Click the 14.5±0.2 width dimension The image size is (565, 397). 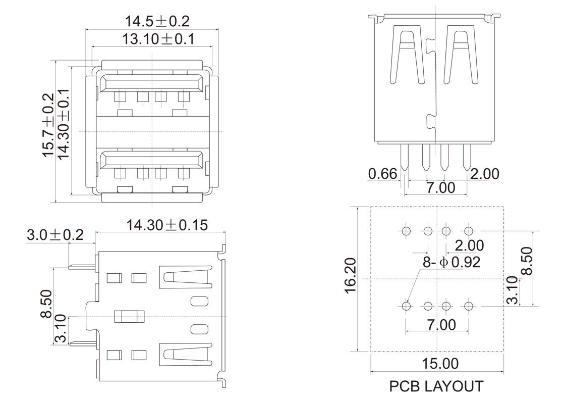point(150,21)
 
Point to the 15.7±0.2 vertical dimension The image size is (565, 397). point(48,125)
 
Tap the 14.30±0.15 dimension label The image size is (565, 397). point(167,225)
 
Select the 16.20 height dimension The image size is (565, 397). point(352,275)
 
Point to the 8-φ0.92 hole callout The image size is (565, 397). point(451,262)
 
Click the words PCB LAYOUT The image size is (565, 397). point(436,386)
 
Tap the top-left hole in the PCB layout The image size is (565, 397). point(406,231)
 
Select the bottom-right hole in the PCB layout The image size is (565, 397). point(469,306)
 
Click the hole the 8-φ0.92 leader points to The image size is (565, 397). point(406,306)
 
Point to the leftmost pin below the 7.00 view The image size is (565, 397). point(405,157)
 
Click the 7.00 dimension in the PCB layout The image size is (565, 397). point(440,325)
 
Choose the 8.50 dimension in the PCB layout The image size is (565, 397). point(526,261)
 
